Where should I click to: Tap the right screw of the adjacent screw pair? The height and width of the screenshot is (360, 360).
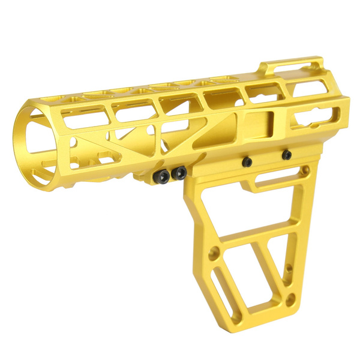(178, 173)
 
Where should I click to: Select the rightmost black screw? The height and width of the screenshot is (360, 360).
(287, 155)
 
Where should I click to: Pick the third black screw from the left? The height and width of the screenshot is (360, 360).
(247, 161)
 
